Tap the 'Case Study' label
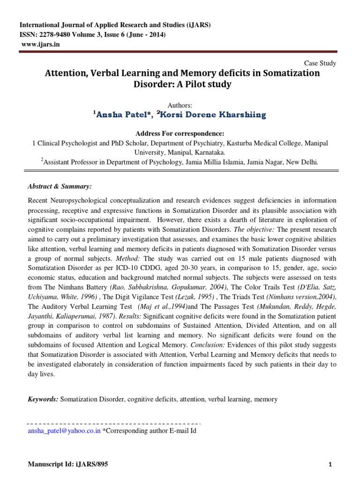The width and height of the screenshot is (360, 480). click(320, 63)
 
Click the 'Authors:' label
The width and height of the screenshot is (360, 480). click(180, 105)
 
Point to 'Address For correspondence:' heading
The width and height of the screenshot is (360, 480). click(180, 133)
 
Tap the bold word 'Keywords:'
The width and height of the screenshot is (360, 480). click(44, 399)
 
